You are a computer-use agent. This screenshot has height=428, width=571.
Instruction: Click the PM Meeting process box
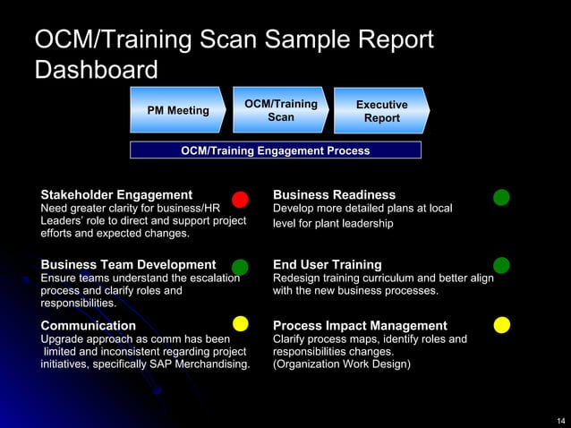176,110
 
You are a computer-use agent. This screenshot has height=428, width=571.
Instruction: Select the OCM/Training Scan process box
280,110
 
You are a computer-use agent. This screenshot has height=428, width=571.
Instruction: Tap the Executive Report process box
381,111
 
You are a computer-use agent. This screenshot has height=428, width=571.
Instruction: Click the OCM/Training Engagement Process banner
276,150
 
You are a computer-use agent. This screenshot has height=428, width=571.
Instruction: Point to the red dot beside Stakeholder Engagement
240,198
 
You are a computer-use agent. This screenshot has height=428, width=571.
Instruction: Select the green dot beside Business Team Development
240,267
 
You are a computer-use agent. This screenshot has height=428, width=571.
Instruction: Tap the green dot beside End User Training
502,265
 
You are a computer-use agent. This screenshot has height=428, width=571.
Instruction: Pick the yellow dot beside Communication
240,323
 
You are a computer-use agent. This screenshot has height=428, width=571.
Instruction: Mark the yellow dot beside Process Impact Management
502,323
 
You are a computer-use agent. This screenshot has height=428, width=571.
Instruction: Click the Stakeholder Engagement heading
116,195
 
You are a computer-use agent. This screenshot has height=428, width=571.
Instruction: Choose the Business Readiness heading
334,195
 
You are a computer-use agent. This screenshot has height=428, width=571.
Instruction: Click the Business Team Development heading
128,265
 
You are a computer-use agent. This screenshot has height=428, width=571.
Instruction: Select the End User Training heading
327,265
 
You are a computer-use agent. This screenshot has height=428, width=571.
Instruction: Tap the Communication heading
89,326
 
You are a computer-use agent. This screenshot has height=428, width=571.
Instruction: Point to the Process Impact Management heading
360,326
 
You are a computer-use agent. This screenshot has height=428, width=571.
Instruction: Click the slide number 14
560,420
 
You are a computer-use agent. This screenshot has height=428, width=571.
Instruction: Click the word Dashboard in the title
96,70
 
